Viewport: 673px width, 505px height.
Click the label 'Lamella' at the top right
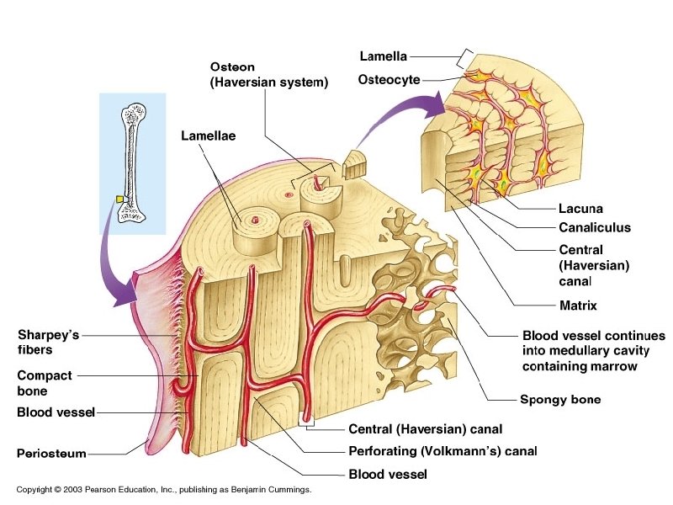click(383, 57)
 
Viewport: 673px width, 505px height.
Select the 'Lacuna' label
click(580, 209)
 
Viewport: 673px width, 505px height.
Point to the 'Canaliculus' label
click(594, 227)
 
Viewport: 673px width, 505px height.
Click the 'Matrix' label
click(578, 306)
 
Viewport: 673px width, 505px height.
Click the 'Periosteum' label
click(51, 454)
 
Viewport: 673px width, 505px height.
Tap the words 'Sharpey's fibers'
click(48, 342)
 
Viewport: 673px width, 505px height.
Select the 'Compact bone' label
click(45, 383)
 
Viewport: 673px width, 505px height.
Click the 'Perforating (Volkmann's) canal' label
click(442, 451)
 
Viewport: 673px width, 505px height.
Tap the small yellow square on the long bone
click(120, 200)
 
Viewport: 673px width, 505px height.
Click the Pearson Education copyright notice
click(164, 489)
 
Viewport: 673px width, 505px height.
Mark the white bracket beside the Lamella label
click(463, 56)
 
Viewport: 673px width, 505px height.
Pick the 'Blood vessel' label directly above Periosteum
click(56, 412)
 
